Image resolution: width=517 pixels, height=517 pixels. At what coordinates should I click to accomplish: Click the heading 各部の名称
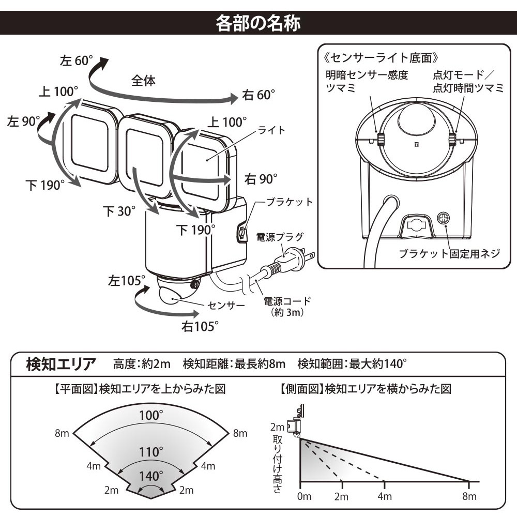(258, 24)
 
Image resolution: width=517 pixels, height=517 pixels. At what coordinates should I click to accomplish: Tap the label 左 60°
(75, 60)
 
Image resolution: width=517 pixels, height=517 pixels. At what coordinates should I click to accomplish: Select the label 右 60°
(258, 95)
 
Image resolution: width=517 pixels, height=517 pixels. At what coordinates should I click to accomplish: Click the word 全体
(143, 81)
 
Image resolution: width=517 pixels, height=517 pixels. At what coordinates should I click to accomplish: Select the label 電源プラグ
(280, 237)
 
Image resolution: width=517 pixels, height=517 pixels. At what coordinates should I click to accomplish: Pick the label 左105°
(127, 281)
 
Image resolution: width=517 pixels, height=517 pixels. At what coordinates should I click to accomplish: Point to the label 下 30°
(119, 211)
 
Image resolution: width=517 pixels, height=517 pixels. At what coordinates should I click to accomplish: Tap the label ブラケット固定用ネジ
(449, 253)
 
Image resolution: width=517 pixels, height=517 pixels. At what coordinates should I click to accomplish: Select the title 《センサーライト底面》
(383, 56)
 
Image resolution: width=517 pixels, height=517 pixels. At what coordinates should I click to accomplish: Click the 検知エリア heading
(61, 364)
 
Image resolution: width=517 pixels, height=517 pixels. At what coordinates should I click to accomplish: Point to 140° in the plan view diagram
(151, 476)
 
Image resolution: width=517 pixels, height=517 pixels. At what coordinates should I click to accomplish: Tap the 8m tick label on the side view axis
(469, 497)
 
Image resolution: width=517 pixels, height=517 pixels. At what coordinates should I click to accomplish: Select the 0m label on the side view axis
(304, 497)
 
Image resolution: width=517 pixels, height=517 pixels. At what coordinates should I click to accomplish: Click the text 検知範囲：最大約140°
(352, 364)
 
